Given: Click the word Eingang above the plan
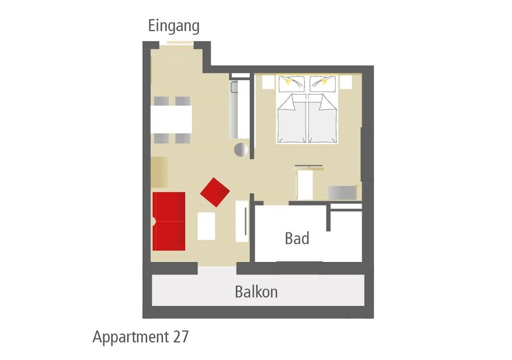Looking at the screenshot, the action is [174, 26].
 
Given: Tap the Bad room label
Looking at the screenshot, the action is [297, 239].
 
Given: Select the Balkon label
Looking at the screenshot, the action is [257, 292].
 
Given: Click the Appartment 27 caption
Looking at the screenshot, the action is [141, 337].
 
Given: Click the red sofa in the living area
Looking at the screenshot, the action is [169, 221].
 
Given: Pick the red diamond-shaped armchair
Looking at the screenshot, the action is [215, 192].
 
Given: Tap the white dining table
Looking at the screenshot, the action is [171, 119].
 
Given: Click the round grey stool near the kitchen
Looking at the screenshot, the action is [241, 150].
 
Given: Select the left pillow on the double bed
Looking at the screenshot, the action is [291, 84].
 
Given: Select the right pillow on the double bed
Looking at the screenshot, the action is [323, 84].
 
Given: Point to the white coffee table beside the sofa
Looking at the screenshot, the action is [206, 226].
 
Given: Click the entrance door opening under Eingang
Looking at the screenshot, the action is [180, 43].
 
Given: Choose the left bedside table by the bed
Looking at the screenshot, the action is [268, 82].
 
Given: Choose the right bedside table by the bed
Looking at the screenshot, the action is [346, 82].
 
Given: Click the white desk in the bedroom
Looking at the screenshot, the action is [305, 185].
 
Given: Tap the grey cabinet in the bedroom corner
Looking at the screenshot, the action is [342, 193].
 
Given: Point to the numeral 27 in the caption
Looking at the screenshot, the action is [181, 336].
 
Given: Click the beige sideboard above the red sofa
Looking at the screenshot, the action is [159, 172].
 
